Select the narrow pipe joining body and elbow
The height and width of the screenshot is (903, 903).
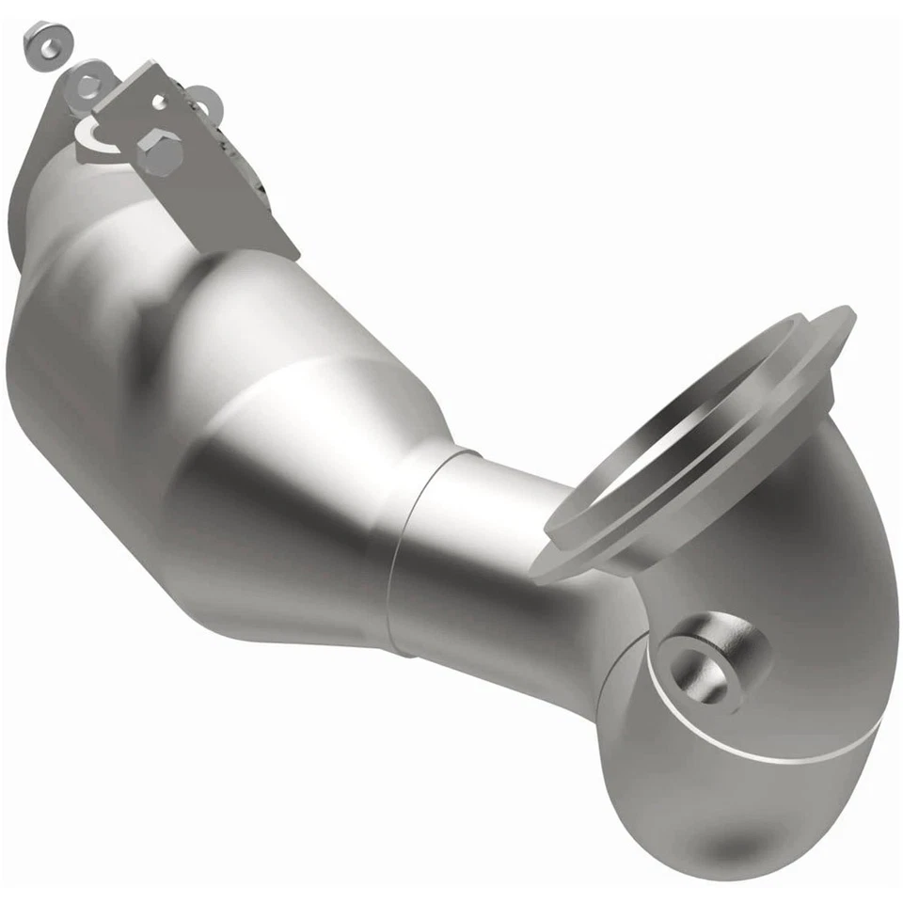[489, 546]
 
